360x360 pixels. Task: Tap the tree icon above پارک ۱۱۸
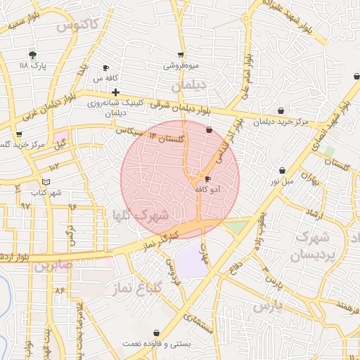point(32,54)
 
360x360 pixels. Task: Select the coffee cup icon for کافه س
point(106,68)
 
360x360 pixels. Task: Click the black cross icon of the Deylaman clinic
point(115,92)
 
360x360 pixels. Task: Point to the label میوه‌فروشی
point(181,65)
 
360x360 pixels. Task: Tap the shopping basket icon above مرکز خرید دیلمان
point(281,110)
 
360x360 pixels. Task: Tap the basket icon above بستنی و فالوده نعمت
point(155,333)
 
